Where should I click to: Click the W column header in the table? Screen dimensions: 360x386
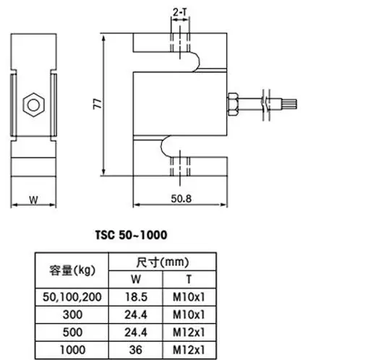point(135,279)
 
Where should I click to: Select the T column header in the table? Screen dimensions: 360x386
point(190,279)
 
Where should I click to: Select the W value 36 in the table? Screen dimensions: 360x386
point(135,349)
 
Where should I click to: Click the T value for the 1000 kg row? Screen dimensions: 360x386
point(190,349)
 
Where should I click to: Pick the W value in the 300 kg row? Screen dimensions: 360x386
point(135,314)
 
